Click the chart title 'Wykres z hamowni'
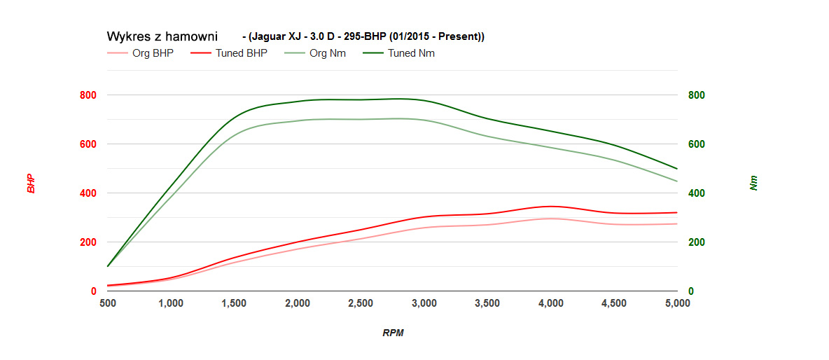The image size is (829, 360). point(162,36)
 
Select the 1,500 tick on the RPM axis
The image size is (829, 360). point(234,303)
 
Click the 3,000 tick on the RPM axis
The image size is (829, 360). point(424,303)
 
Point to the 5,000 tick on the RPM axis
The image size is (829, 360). point(677,303)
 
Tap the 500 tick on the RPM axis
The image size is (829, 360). point(108,303)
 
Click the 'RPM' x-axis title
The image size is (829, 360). point(393,333)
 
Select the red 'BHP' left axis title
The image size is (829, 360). point(32,184)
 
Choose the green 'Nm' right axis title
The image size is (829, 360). point(753,184)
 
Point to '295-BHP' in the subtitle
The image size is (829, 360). point(354,36)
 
